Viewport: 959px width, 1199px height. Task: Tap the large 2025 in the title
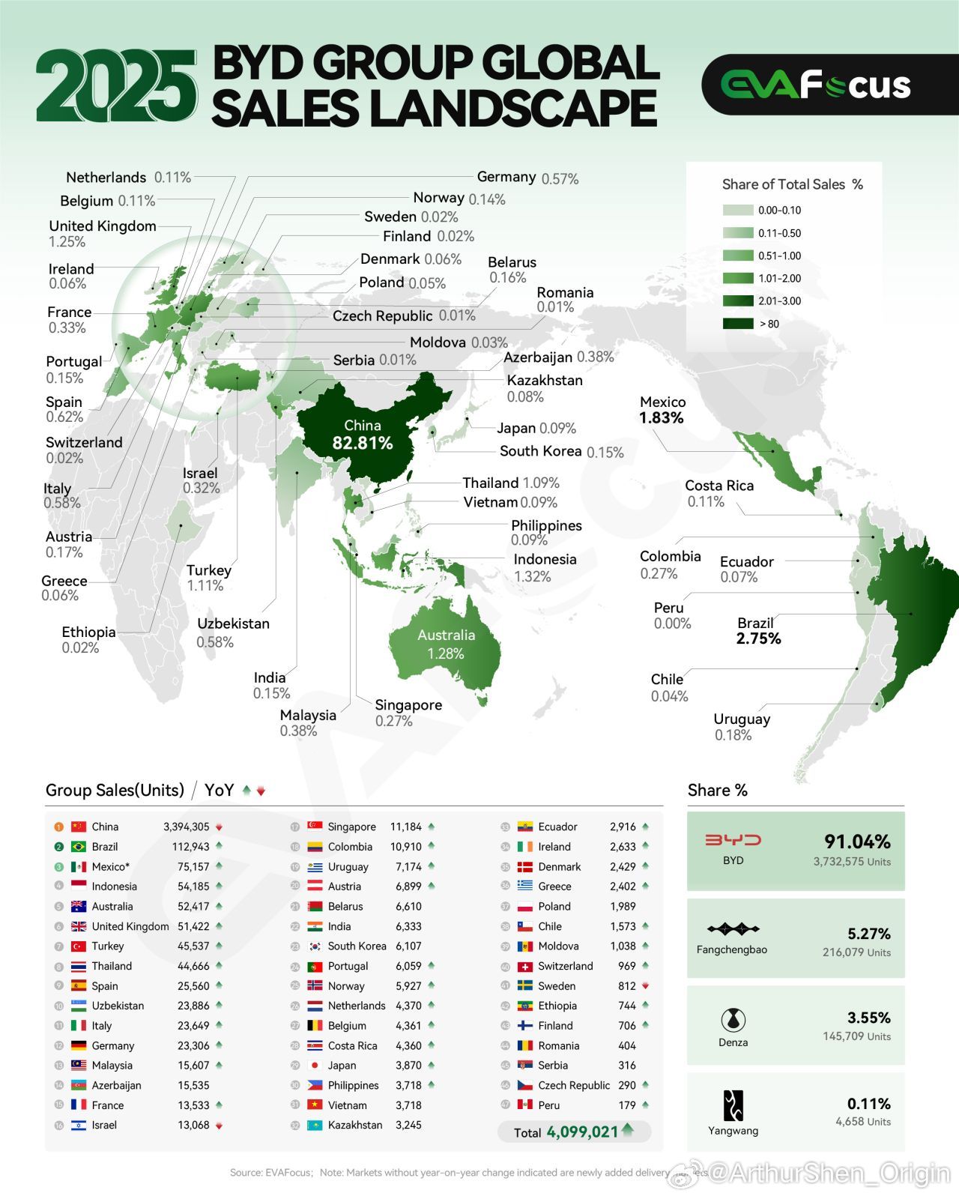[116, 86]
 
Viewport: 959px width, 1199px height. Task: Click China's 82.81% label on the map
[363, 443]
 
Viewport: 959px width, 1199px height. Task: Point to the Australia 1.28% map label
[446, 644]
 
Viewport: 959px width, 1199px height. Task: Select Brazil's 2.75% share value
[758, 638]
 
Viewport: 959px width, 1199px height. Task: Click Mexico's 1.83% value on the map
[662, 417]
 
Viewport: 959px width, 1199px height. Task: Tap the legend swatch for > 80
[738, 324]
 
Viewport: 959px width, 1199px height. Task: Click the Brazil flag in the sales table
[78, 847]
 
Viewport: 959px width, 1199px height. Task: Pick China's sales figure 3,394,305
[187, 827]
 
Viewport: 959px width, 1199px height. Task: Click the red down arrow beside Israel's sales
[219, 1126]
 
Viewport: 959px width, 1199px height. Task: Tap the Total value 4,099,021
[582, 1132]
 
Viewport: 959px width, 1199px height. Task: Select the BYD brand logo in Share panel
[733, 840]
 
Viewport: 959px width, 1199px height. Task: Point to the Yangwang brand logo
[733, 1105]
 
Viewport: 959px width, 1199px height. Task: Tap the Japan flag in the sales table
[315, 1066]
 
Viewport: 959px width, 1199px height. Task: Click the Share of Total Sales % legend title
[792, 184]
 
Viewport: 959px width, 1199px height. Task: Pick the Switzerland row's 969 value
[627, 966]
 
